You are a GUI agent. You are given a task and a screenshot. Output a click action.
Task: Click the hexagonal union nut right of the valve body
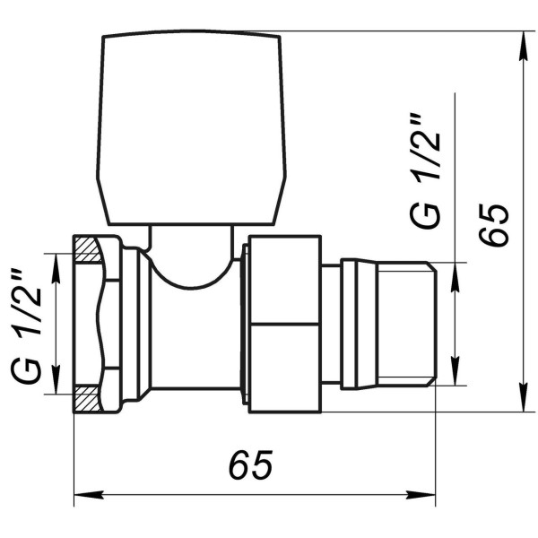283,324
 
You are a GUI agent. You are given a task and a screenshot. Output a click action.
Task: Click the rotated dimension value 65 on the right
494,224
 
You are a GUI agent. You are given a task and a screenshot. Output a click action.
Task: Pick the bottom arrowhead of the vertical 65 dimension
524,403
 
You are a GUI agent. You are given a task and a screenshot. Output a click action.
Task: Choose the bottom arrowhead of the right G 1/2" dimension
456,376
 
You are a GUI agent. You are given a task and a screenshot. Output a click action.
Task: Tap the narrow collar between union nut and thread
330,324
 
